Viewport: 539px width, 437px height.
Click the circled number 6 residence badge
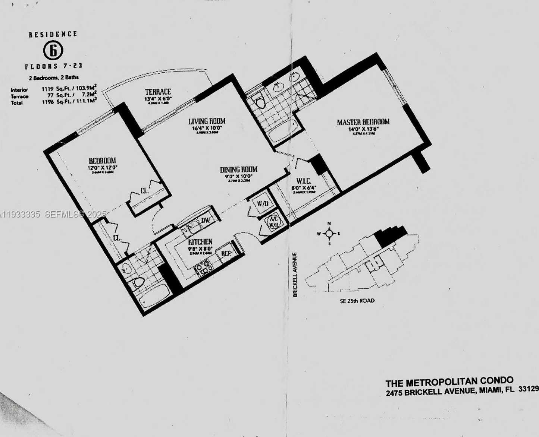pyautogui.click(x=53, y=51)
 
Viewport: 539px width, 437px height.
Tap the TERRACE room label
pyautogui.click(x=158, y=92)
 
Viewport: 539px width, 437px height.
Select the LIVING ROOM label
pyautogui.click(x=207, y=121)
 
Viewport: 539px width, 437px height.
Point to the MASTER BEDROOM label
pyautogui.click(x=363, y=122)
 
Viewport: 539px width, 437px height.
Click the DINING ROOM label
pyautogui.click(x=238, y=170)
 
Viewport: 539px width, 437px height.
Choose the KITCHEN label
pyautogui.click(x=200, y=242)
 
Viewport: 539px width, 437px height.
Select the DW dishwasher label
pyautogui.click(x=206, y=220)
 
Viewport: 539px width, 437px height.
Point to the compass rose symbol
pyautogui.click(x=329, y=234)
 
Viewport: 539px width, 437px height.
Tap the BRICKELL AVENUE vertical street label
pyautogui.click(x=295, y=275)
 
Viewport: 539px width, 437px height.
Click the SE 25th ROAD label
pyautogui.click(x=357, y=301)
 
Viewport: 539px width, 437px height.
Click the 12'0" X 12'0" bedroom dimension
pyautogui.click(x=103, y=168)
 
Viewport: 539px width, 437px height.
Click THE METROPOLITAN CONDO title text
pyautogui.click(x=449, y=382)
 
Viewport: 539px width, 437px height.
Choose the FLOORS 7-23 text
pyautogui.click(x=53, y=66)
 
